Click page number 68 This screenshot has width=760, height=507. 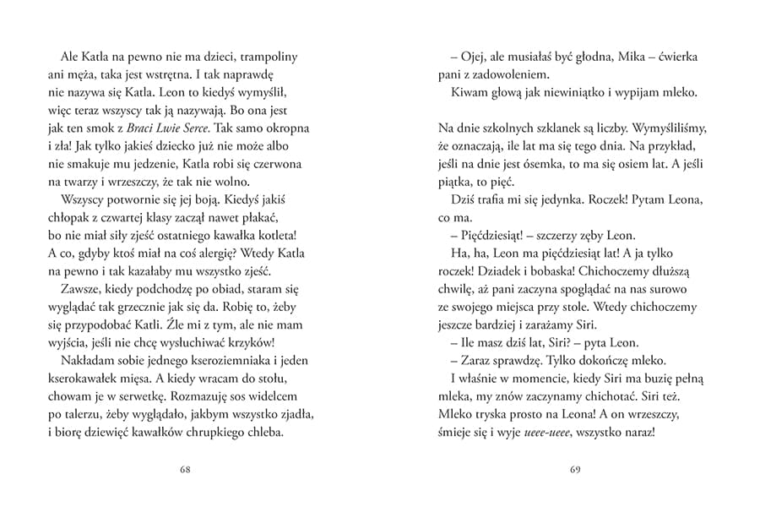click(x=184, y=470)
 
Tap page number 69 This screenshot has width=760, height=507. click(x=575, y=470)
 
